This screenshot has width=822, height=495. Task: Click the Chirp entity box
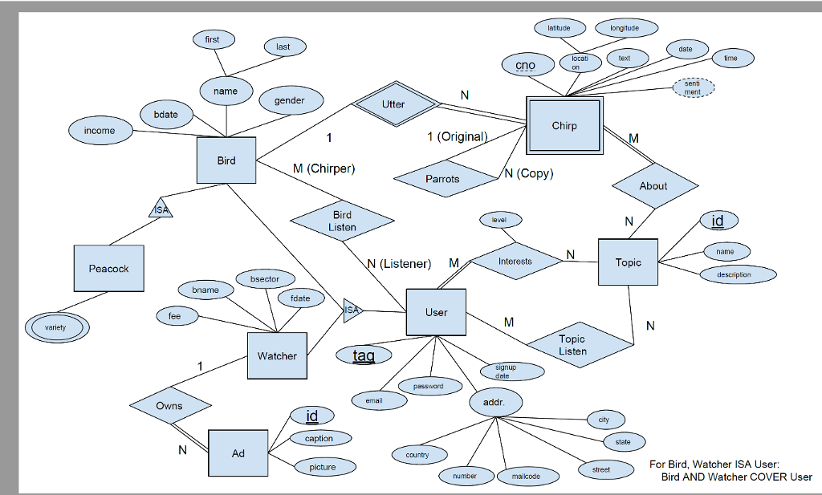[x=564, y=126]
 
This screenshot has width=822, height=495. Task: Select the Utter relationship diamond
[x=393, y=104]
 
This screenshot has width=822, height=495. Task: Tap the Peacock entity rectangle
[x=108, y=269]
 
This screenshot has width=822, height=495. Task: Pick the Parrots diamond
[x=442, y=179]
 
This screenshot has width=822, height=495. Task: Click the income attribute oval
[x=100, y=130]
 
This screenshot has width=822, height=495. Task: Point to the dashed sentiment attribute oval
[x=692, y=88]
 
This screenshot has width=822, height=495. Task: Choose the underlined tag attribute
[x=364, y=355]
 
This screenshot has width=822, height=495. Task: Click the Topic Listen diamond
[x=572, y=345]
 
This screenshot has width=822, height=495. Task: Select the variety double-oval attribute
[x=56, y=327]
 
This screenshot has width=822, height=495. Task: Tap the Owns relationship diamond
[x=169, y=406]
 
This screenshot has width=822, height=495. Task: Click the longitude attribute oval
[x=625, y=29]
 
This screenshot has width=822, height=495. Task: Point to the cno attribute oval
[x=526, y=65]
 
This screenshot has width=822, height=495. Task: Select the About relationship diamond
[x=653, y=185]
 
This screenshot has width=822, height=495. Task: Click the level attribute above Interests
[x=499, y=219]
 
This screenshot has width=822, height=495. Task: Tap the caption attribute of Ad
[x=319, y=439]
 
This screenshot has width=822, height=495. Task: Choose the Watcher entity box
[x=277, y=355]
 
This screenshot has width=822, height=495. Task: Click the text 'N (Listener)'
[x=399, y=263]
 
